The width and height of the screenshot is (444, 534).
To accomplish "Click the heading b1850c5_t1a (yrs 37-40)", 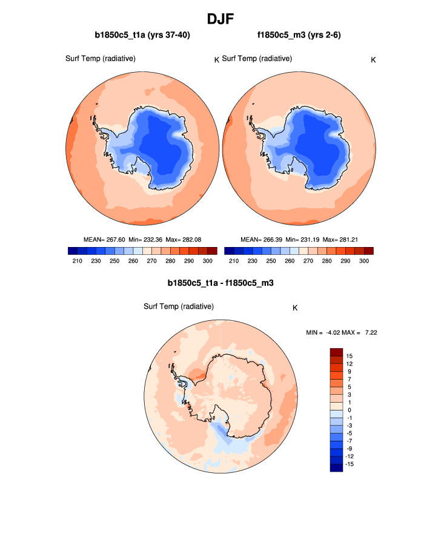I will pos(142,35).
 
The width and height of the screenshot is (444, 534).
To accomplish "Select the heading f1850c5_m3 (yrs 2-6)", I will pos(300,35).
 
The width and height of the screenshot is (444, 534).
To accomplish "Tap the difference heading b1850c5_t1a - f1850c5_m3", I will pos(221,283).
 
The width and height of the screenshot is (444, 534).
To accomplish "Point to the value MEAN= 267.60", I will pos(103,239).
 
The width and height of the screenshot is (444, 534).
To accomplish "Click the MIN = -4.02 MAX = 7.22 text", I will pos(343,332).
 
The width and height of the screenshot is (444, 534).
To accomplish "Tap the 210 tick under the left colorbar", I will pos(78,260).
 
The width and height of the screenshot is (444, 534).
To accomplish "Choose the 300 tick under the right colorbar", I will pos(363,260).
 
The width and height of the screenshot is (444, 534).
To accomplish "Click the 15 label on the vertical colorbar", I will pos(350,355).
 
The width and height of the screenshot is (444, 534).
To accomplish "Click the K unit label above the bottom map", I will pos(295,308).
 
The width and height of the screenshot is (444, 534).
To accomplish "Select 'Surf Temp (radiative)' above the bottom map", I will pos(179,306).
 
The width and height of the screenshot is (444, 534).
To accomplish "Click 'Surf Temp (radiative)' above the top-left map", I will pos(100,58).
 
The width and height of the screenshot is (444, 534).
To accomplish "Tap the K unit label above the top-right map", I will pos(373,59).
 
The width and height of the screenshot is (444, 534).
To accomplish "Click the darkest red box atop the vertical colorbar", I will pos(337,352).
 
